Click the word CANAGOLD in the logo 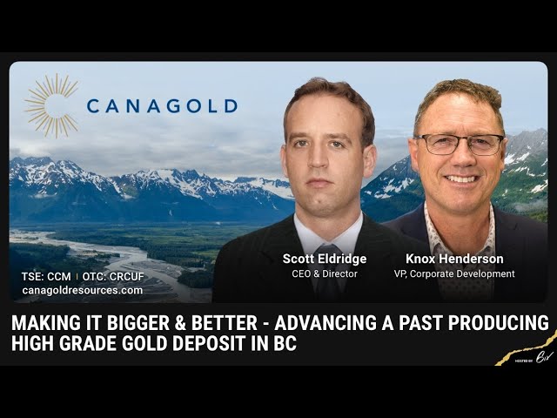[162, 106]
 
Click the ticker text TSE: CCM [47, 277]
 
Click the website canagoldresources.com [82, 290]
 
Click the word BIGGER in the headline [131, 323]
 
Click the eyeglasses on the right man [459, 144]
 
